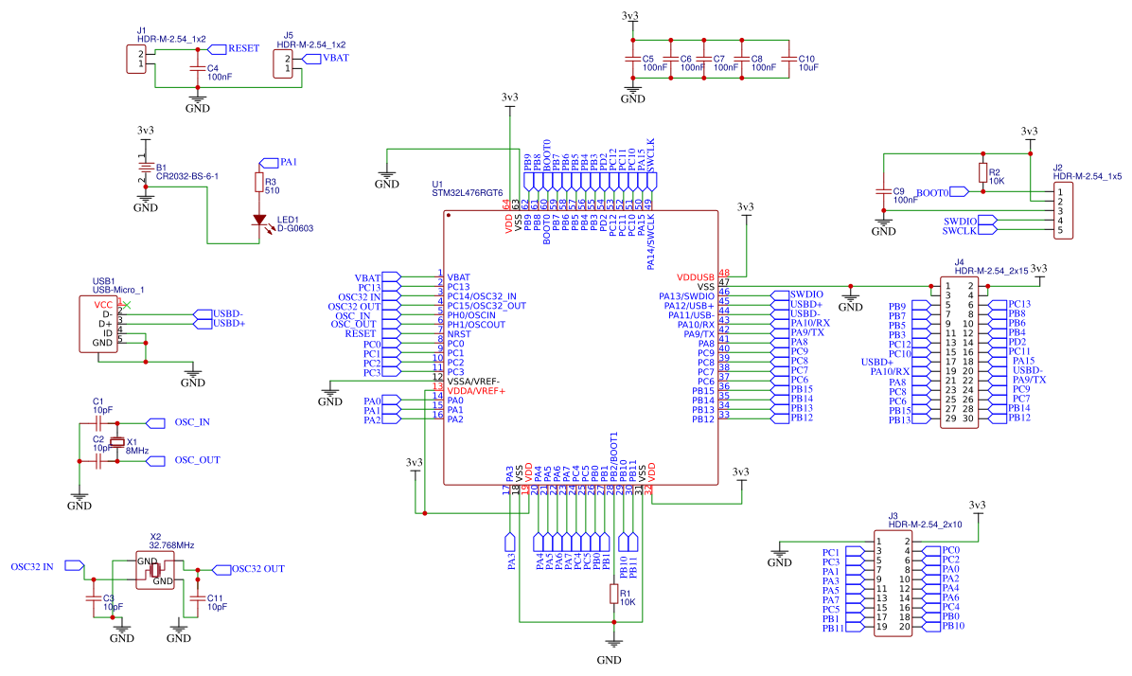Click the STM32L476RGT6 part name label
pyautogui.click(x=467, y=192)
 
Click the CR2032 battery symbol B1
pyautogui.click(x=144, y=169)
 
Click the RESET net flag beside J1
pyautogui.click(x=217, y=47)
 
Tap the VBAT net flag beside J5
pyautogui.click(x=309, y=58)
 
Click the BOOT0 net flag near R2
pyautogui.click(x=961, y=192)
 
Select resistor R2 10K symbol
pyautogui.click(x=982, y=174)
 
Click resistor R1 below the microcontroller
pyautogui.click(x=613, y=594)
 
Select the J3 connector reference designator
pyautogui.click(x=893, y=516)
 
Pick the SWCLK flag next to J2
pyautogui.click(x=987, y=230)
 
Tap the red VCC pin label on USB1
pyautogui.click(x=102, y=305)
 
